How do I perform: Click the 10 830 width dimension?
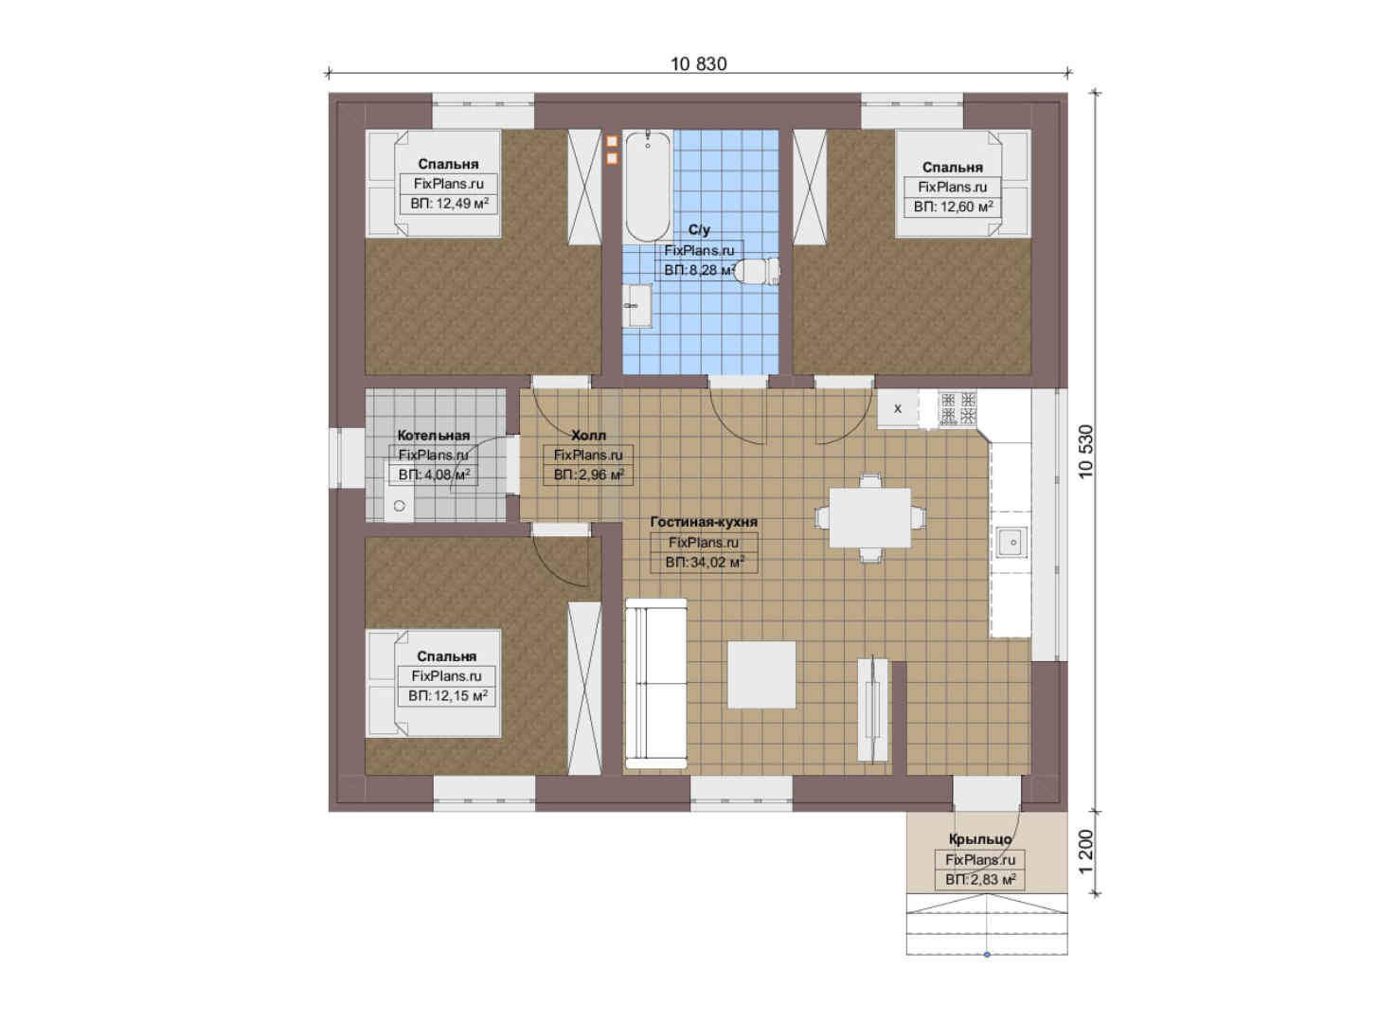click(699, 63)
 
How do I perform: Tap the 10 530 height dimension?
click(1085, 451)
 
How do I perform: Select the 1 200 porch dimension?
click(1085, 852)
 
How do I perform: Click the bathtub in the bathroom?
click(648, 186)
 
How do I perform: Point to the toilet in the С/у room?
click(758, 271)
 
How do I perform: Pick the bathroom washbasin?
click(637, 305)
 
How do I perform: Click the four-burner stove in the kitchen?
click(958, 408)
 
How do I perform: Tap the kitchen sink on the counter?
click(1012, 542)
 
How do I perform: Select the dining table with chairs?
click(870, 518)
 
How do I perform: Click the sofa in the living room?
click(655, 683)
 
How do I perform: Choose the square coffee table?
click(761, 674)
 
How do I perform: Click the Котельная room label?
click(434, 435)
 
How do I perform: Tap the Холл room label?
click(588, 435)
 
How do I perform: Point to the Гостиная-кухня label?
click(704, 522)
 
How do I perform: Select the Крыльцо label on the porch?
click(980, 839)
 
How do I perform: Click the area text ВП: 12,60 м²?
click(953, 206)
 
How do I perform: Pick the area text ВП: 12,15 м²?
click(447, 695)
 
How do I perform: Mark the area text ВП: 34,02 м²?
click(705, 563)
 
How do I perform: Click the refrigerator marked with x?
click(898, 409)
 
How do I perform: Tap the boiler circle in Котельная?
click(400, 506)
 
